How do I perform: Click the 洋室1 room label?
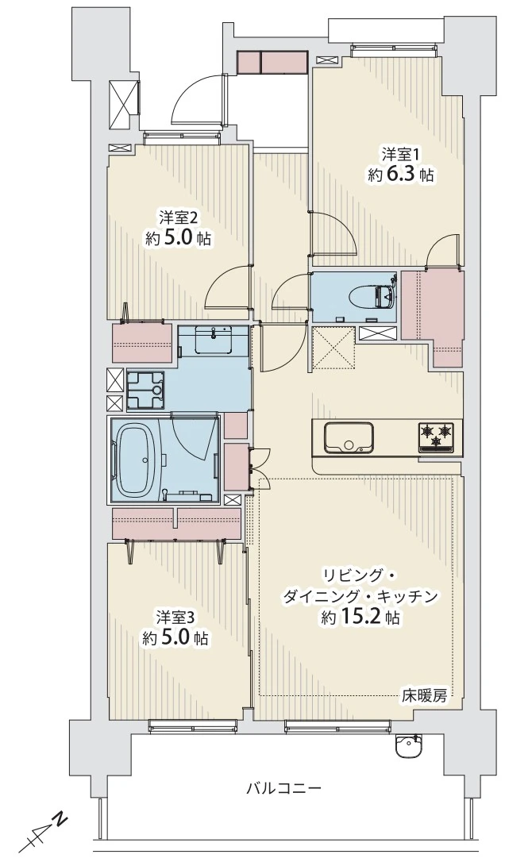pos(399,152)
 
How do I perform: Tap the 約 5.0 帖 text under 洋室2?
pos(179,238)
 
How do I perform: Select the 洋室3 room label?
pos(175,616)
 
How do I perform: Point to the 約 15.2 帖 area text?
pos(361,618)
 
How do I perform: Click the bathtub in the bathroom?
pos(139,460)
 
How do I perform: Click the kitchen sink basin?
pos(348,437)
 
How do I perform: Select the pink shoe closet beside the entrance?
pos(272,62)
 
